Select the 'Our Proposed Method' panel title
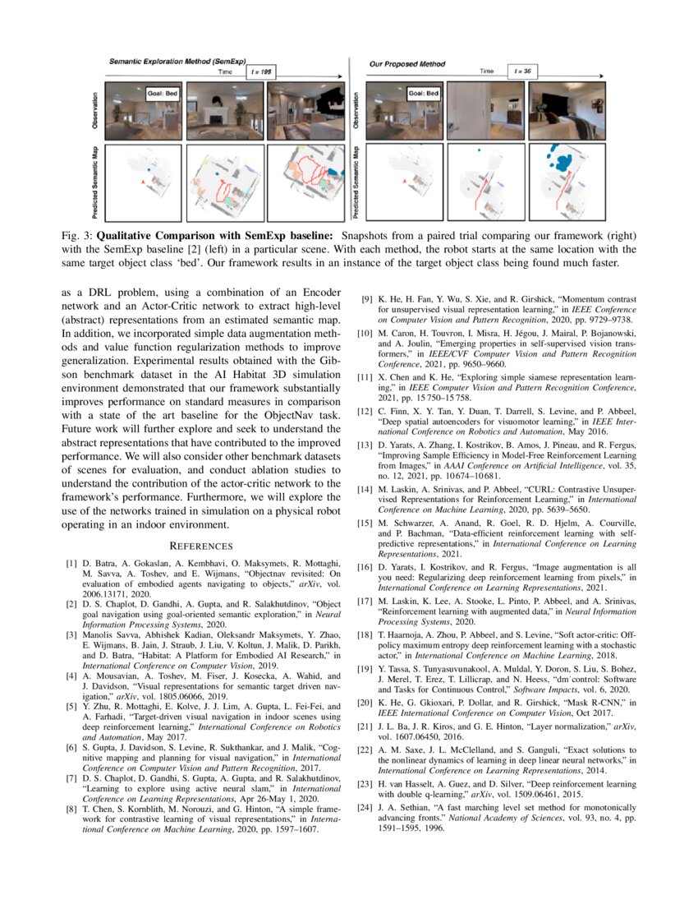click(x=407, y=63)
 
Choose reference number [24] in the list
click(x=369, y=808)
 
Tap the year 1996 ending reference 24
click(x=435, y=828)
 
